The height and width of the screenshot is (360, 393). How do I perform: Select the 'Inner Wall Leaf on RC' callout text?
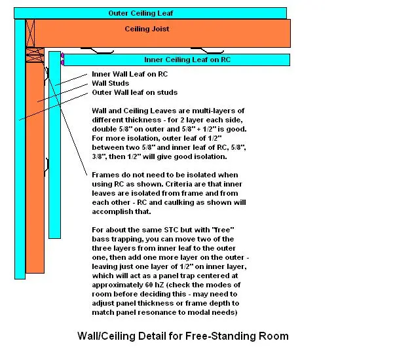point(130,75)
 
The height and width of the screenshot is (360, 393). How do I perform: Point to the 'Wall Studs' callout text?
point(109,84)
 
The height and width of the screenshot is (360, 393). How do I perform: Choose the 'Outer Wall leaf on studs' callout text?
point(134,93)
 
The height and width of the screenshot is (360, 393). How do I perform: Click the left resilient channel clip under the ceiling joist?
point(98,50)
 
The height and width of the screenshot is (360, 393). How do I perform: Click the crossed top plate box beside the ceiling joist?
point(29,31)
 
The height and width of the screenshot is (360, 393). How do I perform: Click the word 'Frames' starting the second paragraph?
point(106,175)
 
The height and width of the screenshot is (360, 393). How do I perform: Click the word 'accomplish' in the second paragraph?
point(115,212)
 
